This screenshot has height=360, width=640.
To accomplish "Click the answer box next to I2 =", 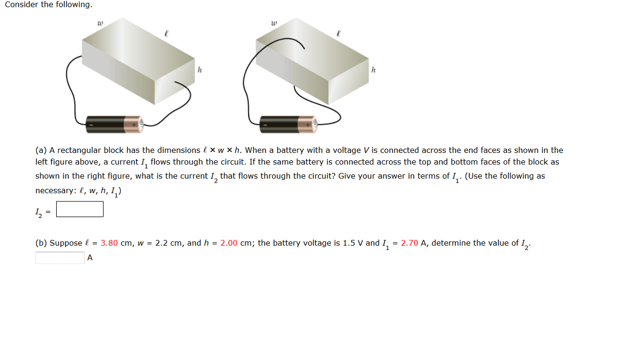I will (80, 209).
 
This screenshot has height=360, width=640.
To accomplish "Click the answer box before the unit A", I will (60, 258).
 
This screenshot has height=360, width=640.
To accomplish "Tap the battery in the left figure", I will (114, 124).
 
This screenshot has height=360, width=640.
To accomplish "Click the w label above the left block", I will (100, 23).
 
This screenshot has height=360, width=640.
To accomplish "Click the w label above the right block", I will (274, 23).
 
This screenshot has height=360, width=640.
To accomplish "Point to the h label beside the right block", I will (373, 70).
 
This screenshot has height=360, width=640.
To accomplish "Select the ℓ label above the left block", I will (165, 33).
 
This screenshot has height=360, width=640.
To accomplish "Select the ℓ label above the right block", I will (339, 33).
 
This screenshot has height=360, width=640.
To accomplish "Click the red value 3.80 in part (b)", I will (109, 243).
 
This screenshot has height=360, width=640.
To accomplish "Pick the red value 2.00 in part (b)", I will (229, 243).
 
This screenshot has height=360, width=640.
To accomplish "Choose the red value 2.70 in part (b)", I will (409, 243).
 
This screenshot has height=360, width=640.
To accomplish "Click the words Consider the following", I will (48, 5).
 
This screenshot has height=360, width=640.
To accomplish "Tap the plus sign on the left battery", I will (134, 125).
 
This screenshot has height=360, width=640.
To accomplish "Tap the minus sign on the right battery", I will (265, 125).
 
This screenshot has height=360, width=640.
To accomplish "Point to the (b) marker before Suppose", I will (41, 243).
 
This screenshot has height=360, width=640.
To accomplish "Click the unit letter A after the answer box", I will (90, 258).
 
